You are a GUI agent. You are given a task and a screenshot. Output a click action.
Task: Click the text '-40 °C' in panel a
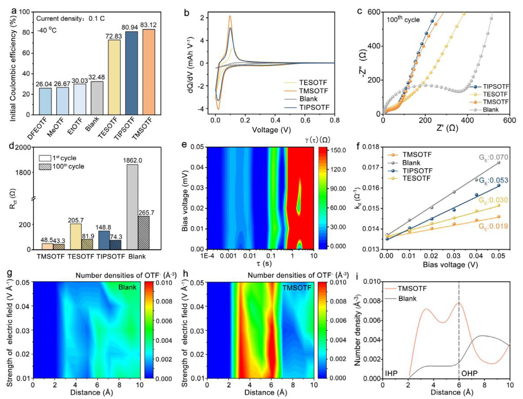coord(46,30)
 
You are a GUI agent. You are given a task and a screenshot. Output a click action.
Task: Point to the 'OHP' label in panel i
coord(470,372)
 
